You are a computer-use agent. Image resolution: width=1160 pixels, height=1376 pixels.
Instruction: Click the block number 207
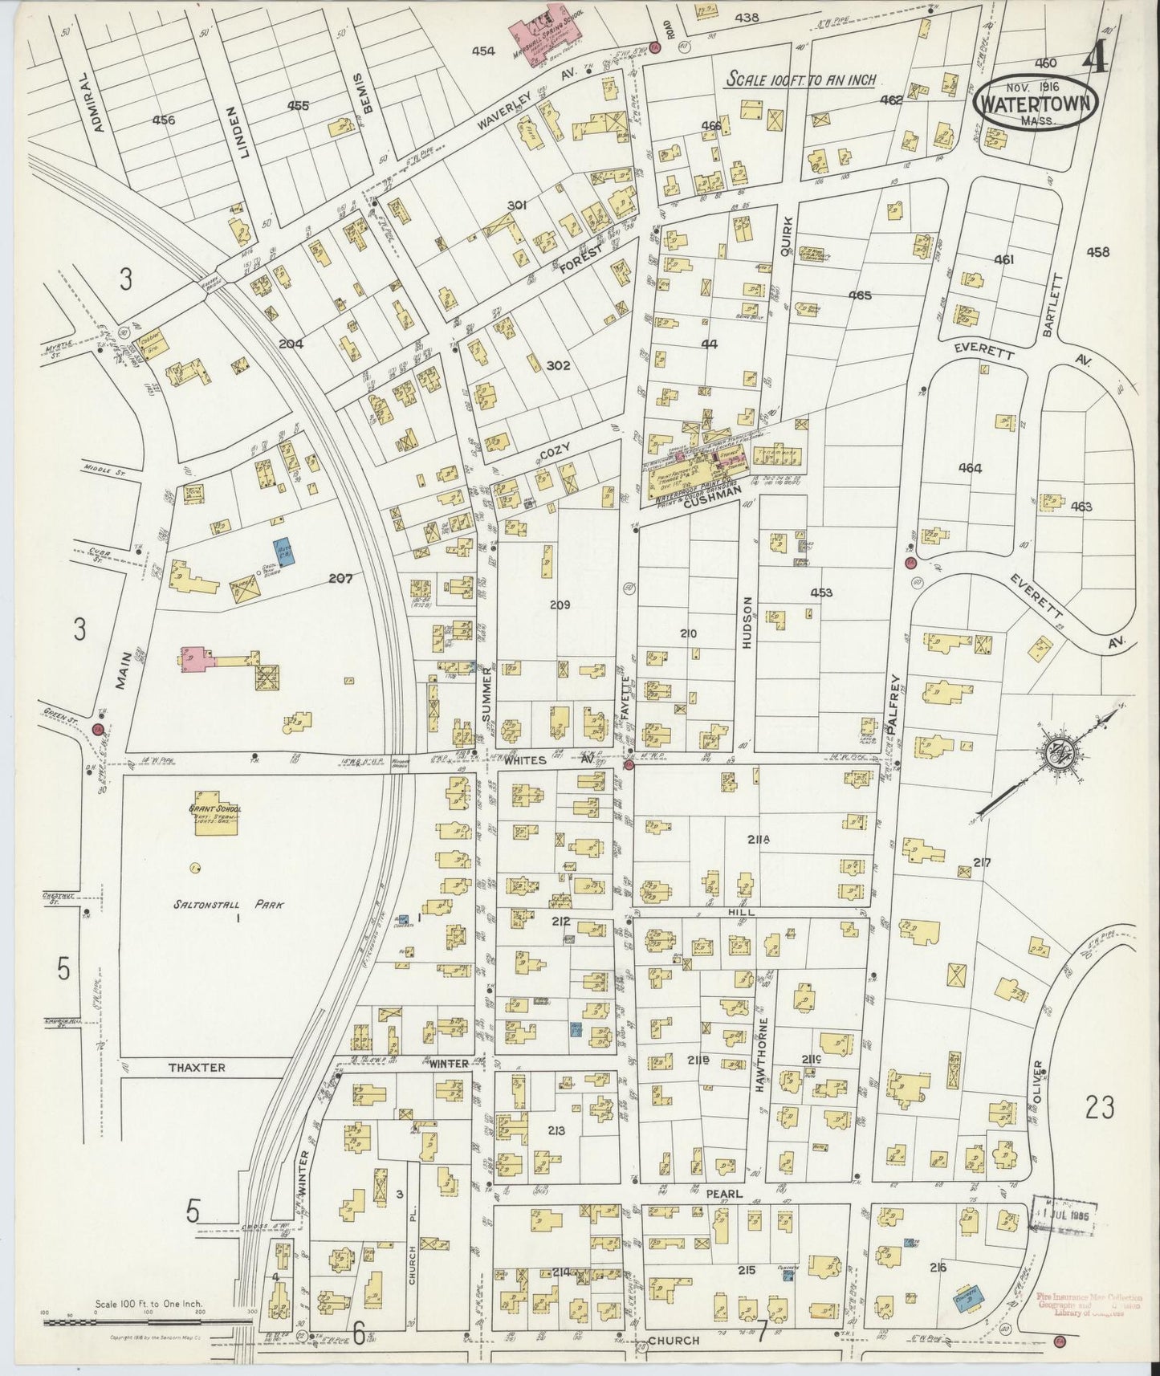pos(340,576)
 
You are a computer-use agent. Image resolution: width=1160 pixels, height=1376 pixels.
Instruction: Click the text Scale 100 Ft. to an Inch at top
pos(800,79)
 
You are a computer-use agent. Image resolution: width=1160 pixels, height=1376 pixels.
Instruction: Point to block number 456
pos(163,120)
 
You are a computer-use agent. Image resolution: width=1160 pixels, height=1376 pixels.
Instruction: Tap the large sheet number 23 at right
pos(1099,1109)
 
